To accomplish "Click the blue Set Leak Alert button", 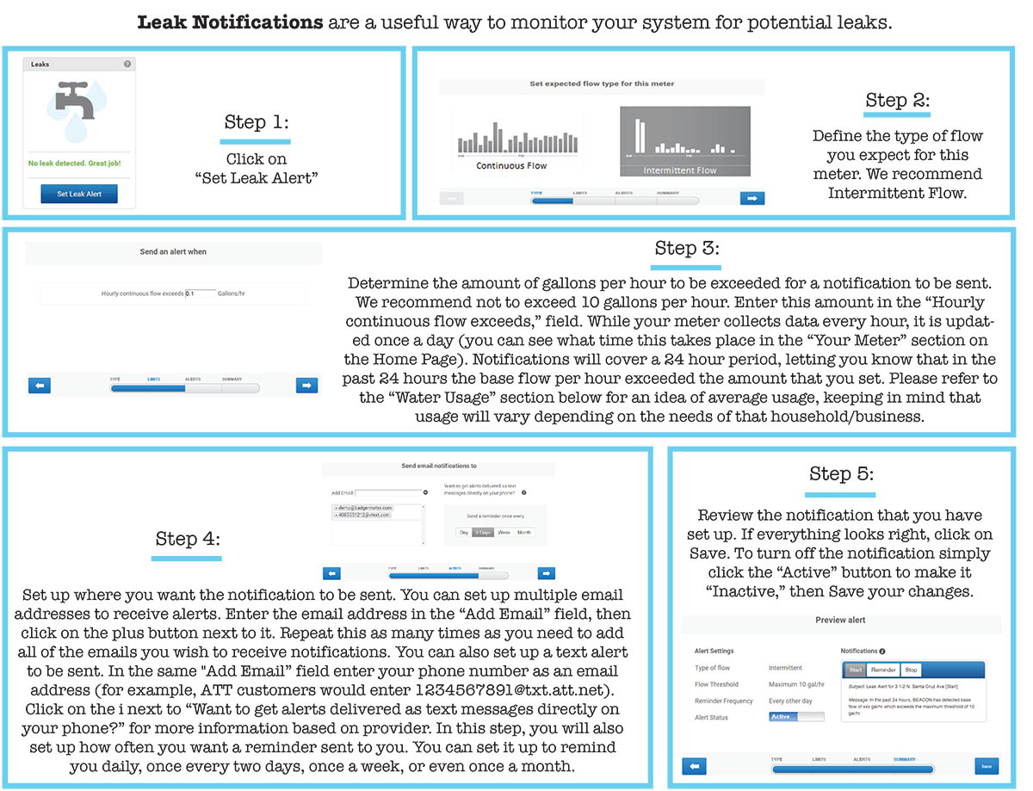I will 79,195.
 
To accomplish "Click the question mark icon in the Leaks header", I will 127,65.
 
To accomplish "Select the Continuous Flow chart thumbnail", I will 512,142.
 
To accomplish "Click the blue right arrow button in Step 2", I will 752,199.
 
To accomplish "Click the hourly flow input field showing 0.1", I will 200,294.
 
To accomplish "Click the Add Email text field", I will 387,493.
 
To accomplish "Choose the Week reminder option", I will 504,533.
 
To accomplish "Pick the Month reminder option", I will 524,533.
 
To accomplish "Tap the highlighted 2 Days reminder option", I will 483,533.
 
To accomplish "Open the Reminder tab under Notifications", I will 883,670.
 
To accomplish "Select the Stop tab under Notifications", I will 911,670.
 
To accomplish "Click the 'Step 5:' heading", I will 841,474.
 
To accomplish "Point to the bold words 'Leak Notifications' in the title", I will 231,22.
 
